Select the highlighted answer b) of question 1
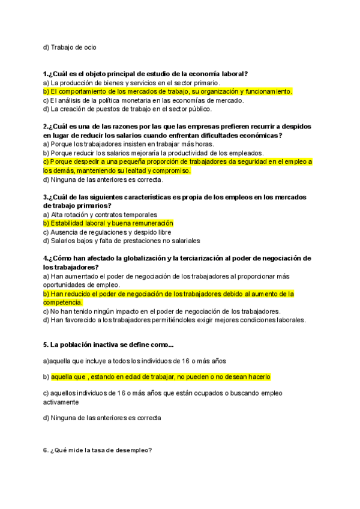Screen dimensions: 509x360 167,91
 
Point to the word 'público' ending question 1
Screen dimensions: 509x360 199,109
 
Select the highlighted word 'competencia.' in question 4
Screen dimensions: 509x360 62,303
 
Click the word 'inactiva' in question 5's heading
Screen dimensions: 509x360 107,345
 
